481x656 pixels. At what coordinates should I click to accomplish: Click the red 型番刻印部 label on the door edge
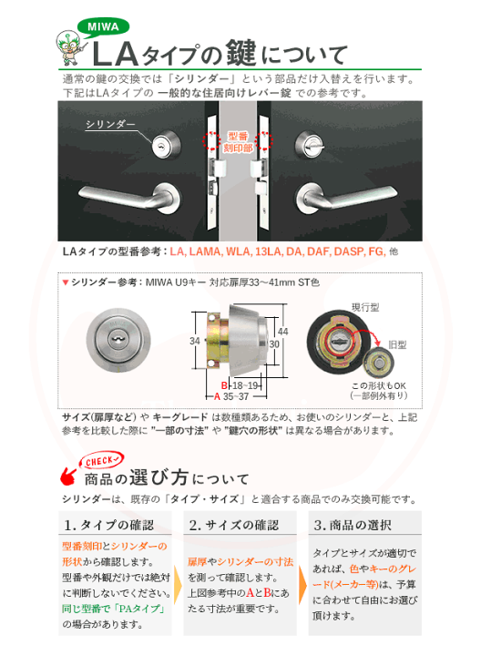pos(239,140)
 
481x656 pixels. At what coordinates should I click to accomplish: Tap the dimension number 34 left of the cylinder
pos(193,341)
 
